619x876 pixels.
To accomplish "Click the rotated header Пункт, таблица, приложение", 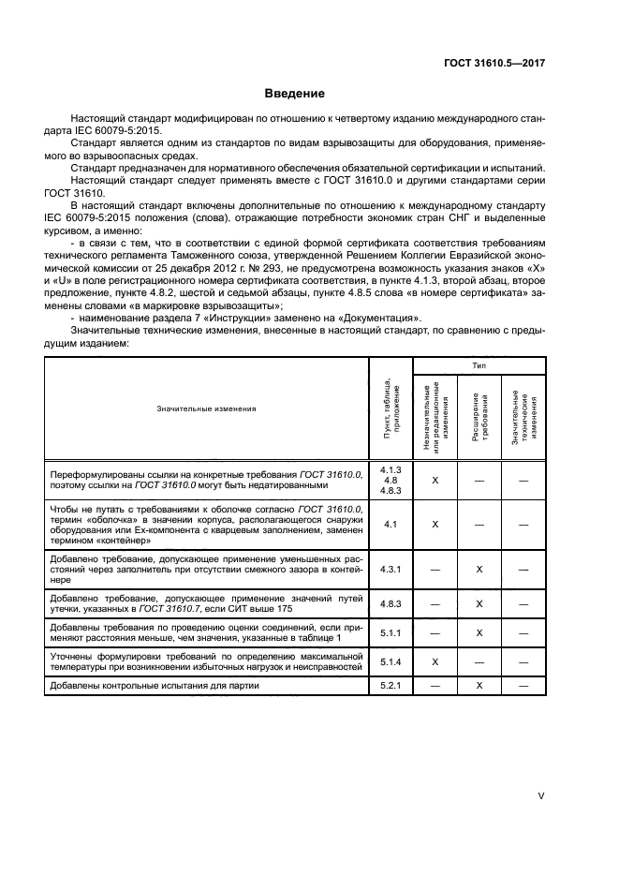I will tap(391, 408).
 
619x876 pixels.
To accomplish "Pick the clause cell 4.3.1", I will tap(391, 568).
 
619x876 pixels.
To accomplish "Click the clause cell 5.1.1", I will tap(391, 632).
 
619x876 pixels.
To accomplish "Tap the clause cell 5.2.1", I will tap(391, 686).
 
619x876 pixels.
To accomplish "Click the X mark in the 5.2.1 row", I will tap(479, 686).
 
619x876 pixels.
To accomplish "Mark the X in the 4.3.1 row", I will tap(479, 568).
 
